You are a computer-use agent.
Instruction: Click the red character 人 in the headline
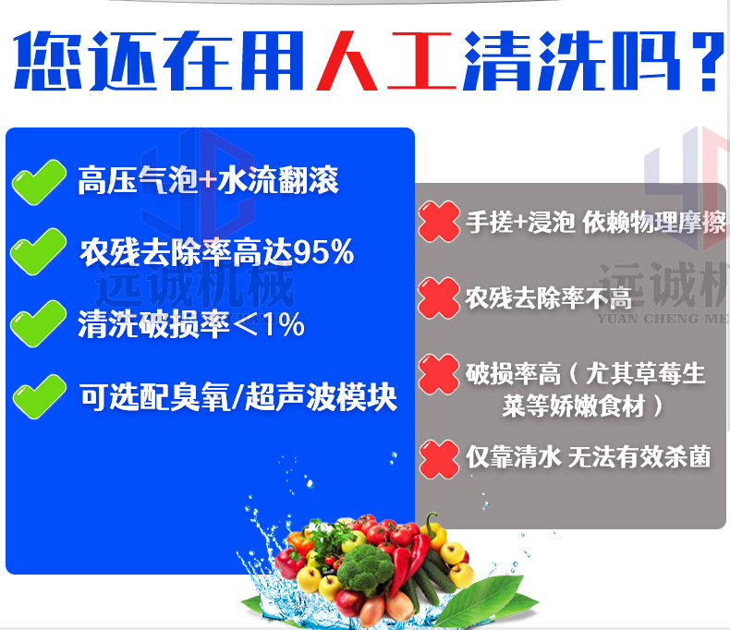click(x=347, y=60)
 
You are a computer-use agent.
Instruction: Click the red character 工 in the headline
click(x=421, y=60)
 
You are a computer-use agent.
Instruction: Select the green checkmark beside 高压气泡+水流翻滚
click(x=39, y=182)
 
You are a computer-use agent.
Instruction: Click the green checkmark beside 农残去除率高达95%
click(x=38, y=251)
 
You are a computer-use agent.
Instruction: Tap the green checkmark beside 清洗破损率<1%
click(x=38, y=323)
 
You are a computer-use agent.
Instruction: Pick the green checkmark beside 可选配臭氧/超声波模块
click(x=40, y=396)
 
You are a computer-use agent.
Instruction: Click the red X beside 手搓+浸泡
click(x=439, y=222)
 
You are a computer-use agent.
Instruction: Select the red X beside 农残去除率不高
click(x=439, y=298)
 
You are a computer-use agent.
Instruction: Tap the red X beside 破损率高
click(x=439, y=374)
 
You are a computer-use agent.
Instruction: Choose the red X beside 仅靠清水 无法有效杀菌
click(x=439, y=459)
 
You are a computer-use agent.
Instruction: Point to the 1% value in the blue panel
click(x=284, y=325)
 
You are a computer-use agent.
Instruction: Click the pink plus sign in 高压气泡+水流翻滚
click(x=208, y=179)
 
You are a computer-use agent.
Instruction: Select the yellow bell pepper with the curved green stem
click(x=434, y=533)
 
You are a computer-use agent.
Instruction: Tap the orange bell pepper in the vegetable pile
click(x=298, y=541)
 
